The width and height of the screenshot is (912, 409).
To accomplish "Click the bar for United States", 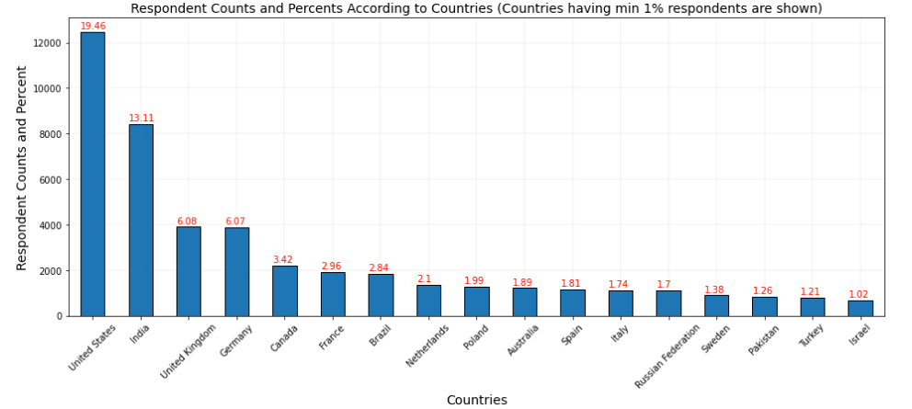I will (93, 175).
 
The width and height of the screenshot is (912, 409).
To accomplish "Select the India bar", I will (141, 221).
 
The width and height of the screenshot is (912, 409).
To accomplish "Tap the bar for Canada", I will (285, 291).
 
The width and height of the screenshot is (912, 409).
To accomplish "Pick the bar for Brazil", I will (381, 295).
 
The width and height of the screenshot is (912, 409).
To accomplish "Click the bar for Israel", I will (861, 308).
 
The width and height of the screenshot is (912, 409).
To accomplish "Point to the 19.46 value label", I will (93, 27).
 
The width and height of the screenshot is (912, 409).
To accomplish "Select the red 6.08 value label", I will (188, 222).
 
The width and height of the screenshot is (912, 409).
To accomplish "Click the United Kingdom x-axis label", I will (188, 350).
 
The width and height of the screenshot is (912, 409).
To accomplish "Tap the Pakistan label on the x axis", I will (763, 341).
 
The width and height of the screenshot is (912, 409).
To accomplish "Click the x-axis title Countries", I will (476, 400).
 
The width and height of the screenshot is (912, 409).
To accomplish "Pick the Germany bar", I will (236, 272).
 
